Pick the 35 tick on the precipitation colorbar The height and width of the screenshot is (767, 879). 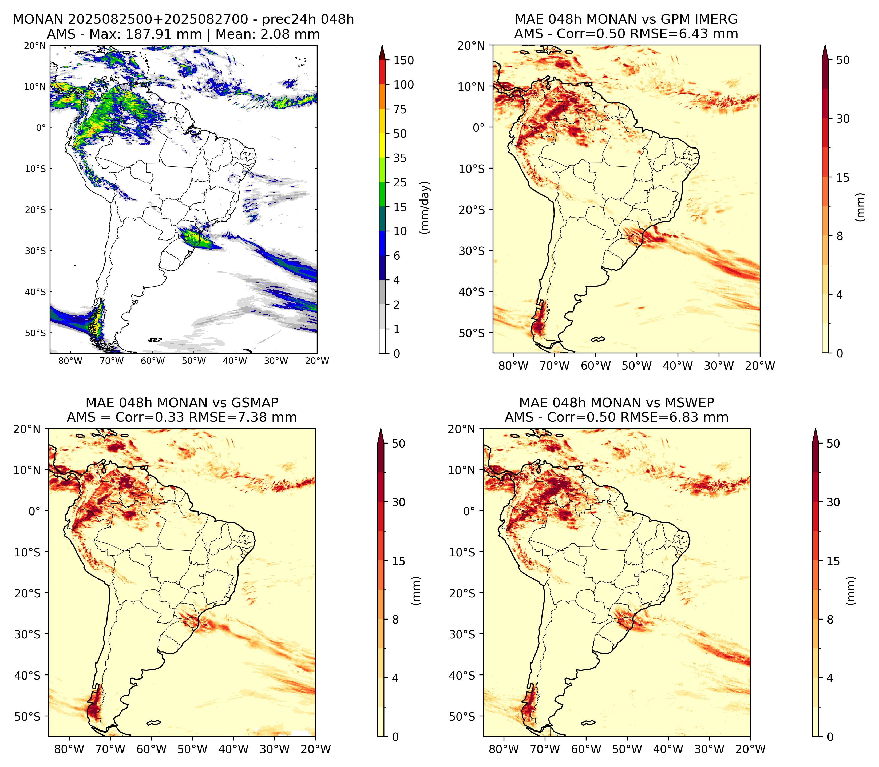[400, 158]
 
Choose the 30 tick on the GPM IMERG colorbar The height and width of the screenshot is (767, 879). [843, 119]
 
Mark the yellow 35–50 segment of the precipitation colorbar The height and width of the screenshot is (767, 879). [382, 146]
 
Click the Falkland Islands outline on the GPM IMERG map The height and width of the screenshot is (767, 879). [598, 339]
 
